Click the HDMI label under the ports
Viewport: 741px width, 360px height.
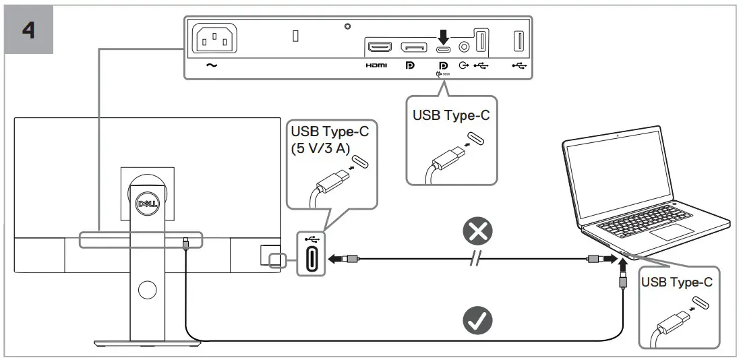coord(376,66)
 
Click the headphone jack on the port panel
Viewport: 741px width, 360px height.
coord(464,47)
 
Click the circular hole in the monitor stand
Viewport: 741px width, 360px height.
coord(146,290)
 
